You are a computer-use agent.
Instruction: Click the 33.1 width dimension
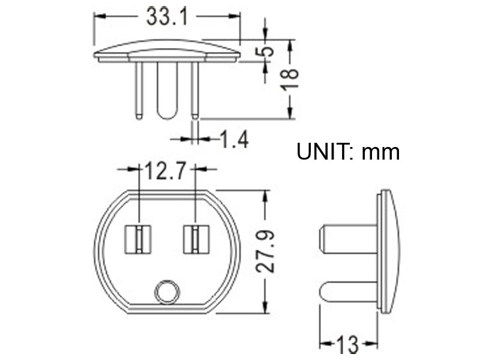(x=167, y=17)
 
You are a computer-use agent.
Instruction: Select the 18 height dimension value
(x=290, y=79)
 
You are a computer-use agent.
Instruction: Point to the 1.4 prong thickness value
(x=234, y=139)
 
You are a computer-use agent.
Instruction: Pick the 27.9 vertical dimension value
(x=265, y=251)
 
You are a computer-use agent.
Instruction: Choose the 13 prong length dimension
(x=348, y=345)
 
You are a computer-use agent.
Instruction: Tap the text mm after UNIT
(x=380, y=153)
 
